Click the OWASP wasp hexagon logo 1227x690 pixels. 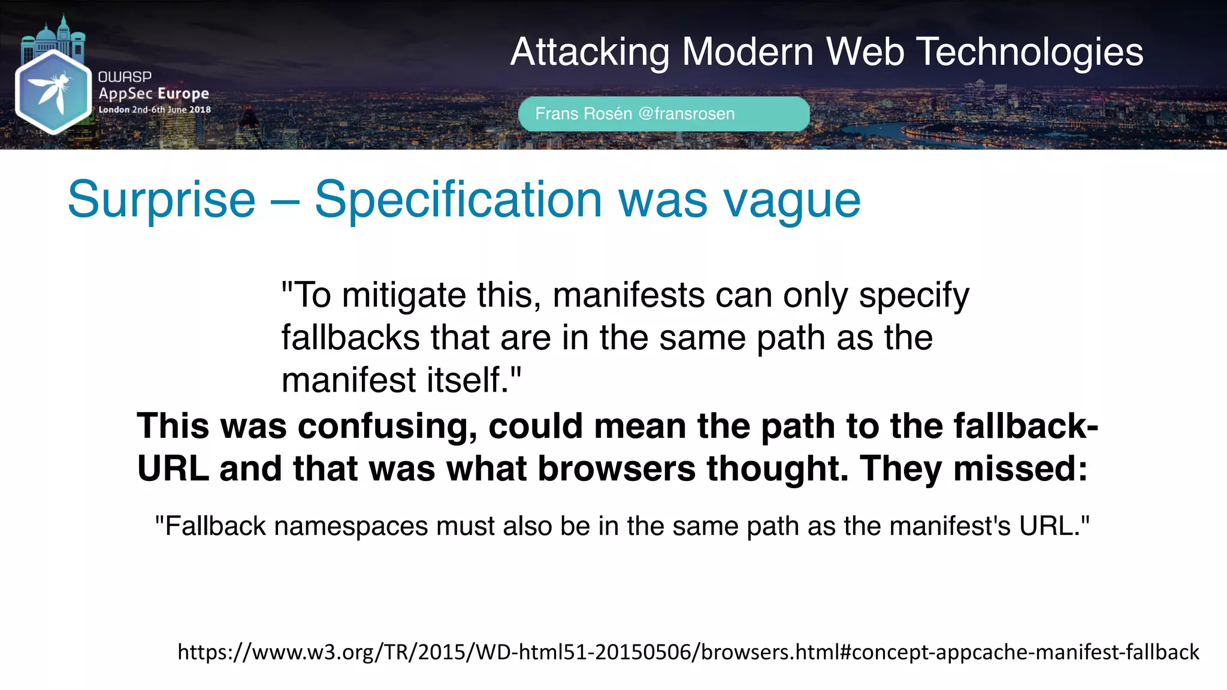(53, 92)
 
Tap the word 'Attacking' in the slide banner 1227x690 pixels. (590, 52)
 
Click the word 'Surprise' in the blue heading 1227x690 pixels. (161, 199)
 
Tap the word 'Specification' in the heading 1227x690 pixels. (458, 199)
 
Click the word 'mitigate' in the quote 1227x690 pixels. (404, 295)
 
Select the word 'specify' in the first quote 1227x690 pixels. (914, 295)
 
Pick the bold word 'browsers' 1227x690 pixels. (616, 468)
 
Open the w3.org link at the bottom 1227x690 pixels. (688, 652)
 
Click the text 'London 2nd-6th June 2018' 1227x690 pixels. (155, 110)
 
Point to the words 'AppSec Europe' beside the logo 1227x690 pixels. (154, 93)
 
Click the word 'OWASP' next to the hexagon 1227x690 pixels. (125, 77)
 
